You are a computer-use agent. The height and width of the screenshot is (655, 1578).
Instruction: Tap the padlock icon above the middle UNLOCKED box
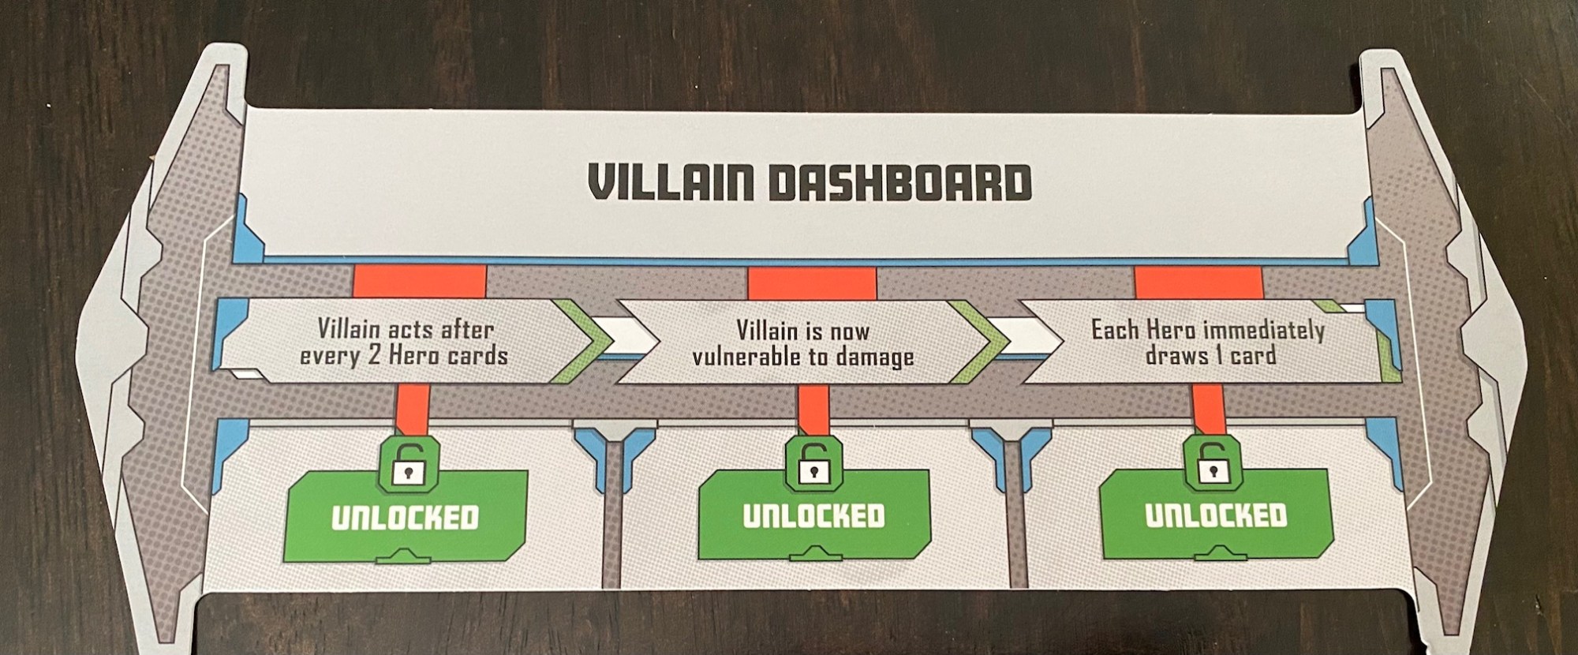pos(810,462)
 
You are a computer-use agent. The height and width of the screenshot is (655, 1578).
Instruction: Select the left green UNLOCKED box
pos(406,517)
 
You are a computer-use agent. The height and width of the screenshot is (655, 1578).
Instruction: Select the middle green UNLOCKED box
pos(813,515)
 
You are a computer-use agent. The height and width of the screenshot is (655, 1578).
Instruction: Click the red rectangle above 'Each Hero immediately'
pos(1198,282)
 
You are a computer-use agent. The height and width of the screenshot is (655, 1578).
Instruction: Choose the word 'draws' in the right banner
pos(1173,355)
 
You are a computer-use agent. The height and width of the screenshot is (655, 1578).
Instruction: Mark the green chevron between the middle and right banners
pos(980,341)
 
